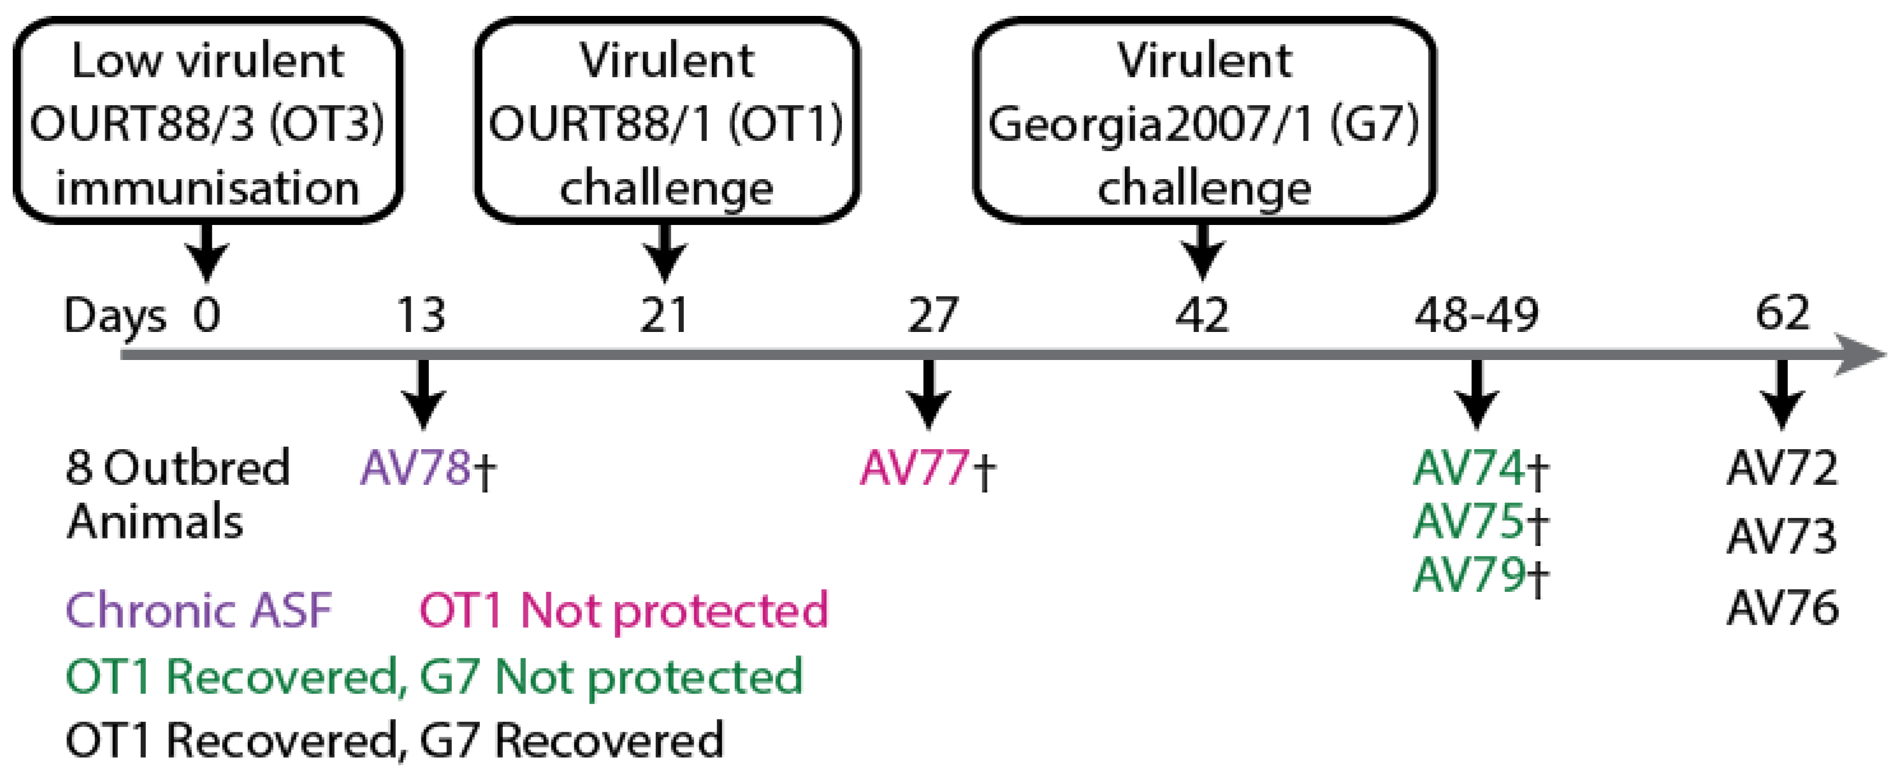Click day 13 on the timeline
coord(421,315)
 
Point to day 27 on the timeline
coord(932,315)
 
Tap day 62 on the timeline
coord(1782,313)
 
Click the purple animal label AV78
coord(416,468)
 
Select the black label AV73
coord(1782,537)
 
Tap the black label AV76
coord(1782,609)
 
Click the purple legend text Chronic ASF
coord(199,610)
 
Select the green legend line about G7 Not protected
coord(434,676)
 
